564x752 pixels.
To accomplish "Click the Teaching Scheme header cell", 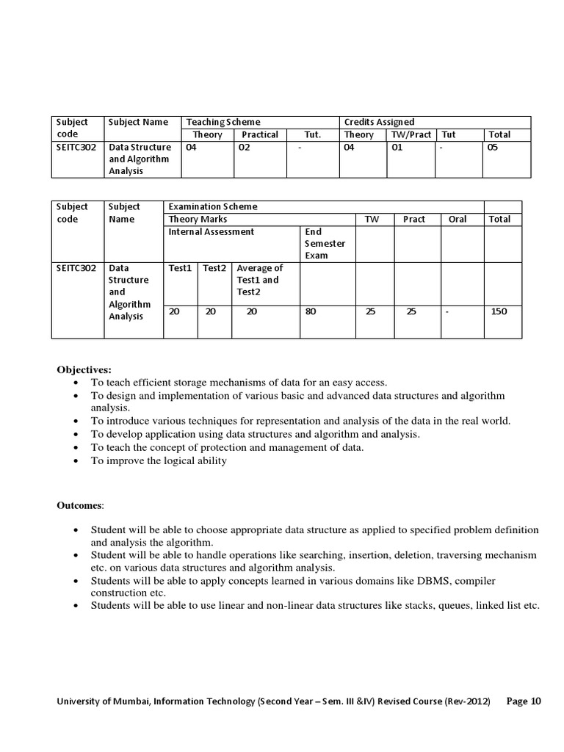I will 223,122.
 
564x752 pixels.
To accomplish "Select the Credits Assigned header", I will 379,122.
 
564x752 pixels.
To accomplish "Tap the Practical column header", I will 259,134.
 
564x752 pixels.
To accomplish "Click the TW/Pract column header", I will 411,134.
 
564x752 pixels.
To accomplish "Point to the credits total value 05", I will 493,148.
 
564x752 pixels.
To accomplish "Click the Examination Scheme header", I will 213,207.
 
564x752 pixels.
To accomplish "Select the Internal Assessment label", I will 211,231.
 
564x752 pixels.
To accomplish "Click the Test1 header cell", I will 180,268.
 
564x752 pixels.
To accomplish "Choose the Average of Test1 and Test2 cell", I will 260,280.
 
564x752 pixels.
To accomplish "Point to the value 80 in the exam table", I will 311,311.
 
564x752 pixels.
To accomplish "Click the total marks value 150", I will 499,311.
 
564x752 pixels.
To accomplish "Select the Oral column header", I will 457,219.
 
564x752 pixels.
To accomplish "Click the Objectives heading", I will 84,369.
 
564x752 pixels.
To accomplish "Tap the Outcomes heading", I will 81,505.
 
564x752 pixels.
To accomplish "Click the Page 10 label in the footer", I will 524,701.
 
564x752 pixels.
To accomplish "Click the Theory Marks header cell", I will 198,219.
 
